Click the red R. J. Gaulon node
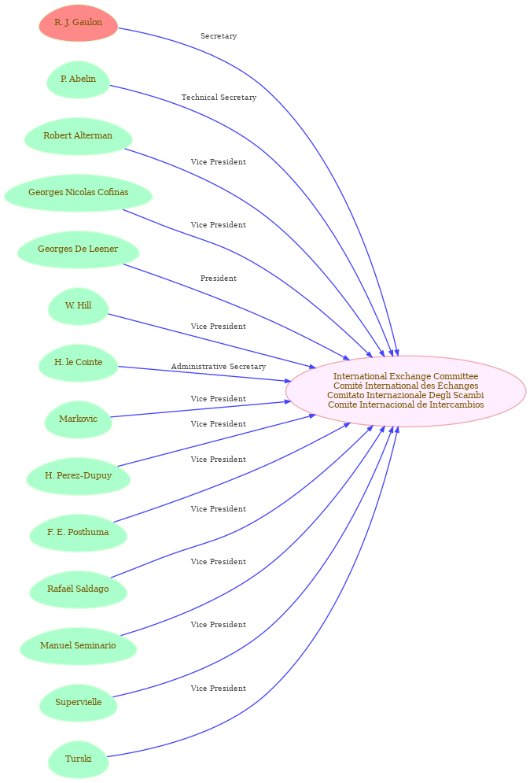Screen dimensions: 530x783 click(79, 23)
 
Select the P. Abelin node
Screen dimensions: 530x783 click(79, 79)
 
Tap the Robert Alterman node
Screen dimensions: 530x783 click(79, 136)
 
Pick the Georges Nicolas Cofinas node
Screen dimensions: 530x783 click(79, 193)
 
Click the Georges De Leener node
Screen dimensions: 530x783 click(79, 249)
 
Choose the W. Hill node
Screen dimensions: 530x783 click(79, 306)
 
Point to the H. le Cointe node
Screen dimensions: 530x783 click(79, 363)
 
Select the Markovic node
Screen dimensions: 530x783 click(79, 419)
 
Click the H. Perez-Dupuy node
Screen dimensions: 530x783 click(79, 476)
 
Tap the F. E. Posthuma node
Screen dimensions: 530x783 click(79, 533)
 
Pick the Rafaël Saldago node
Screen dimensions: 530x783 click(79, 589)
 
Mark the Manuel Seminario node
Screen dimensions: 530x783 click(79, 646)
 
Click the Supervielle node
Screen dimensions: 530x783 click(79, 703)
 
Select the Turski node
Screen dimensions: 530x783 click(79, 759)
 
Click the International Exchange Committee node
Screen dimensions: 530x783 click(406, 392)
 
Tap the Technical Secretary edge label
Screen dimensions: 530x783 click(219, 98)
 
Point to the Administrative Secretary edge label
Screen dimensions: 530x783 click(219, 367)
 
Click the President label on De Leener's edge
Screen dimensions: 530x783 click(219, 278)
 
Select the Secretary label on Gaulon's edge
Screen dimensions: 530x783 click(219, 36)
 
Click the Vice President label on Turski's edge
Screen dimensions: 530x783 click(219, 688)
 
